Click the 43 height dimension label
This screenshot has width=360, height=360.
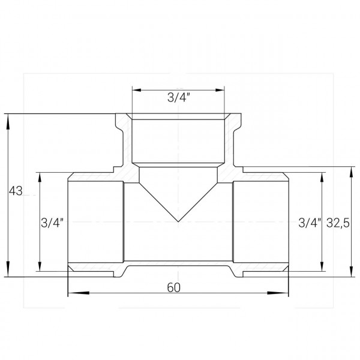(16, 191)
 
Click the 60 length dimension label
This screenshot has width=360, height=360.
(174, 287)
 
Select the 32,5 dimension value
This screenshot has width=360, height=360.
(338, 223)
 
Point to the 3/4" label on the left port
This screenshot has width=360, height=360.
(52, 223)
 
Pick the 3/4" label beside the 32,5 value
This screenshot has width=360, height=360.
(310, 223)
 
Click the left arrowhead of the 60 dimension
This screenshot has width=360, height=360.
(79, 293)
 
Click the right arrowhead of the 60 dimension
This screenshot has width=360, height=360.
(278, 293)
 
